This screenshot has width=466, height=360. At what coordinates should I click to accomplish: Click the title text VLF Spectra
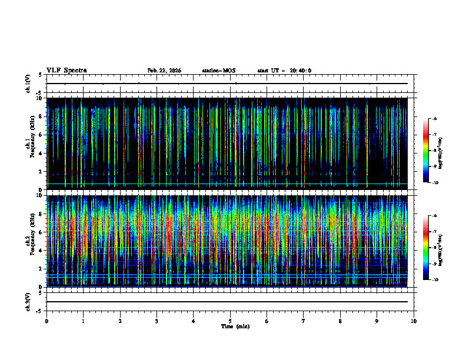[66, 70]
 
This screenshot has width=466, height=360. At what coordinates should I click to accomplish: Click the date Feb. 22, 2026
[164, 71]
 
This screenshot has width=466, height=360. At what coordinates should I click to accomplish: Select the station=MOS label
[218, 71]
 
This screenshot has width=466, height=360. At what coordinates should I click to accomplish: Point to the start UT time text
[284, 71]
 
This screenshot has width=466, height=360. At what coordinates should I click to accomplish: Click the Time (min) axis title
[235, 326]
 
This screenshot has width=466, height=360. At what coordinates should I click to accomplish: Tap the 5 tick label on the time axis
[230, 321]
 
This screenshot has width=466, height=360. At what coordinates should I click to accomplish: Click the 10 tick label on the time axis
[414, 321]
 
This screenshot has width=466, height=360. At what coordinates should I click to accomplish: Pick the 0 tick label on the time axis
[46, 321]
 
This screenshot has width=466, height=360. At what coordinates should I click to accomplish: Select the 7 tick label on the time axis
[304, 321]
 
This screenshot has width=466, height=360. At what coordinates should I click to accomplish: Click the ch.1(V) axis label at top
[28, 84]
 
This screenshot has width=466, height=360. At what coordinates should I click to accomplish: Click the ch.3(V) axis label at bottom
[28, 301]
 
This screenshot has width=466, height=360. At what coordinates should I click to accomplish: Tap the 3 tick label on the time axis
[157, 321]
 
